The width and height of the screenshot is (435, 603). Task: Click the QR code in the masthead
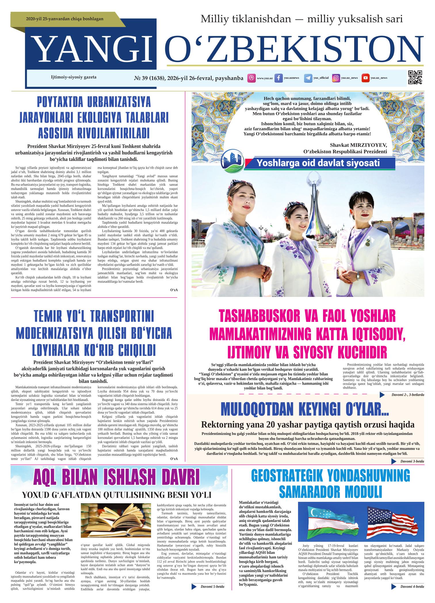(x=415, y=78)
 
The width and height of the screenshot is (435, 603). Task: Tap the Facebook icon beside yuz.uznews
(x=278, y=78)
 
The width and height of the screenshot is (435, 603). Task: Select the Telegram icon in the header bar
(x=308, y=78)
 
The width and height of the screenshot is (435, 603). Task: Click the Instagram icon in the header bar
(x=336, y=78)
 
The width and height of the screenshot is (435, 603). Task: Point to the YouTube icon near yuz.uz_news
(x=365, y=78)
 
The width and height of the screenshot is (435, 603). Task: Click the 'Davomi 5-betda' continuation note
(x=212, y=586)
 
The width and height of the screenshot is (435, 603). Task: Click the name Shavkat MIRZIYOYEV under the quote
(x=358, y=145)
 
